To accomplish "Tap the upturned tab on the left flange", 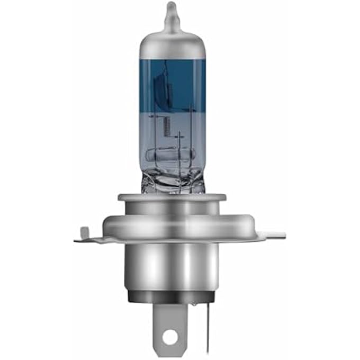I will click(x=84, y=233).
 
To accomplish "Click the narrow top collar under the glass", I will click(x=172, y=199).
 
